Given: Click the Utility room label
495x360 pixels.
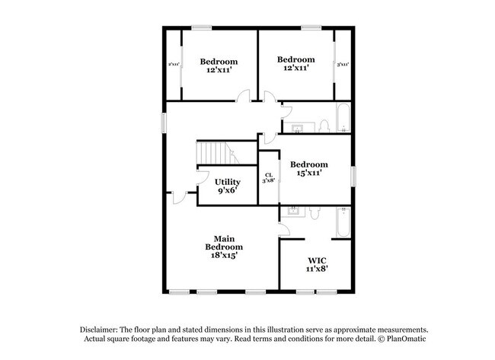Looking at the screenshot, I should (x=228, y=182).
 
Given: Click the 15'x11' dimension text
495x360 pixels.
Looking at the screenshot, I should (x=308, y=174).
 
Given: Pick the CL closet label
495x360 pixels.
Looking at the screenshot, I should (x=269, y=176).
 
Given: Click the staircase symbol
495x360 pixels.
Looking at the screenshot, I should (x=216, y=151).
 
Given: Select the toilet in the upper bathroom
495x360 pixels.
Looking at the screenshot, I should (x=323, y=125).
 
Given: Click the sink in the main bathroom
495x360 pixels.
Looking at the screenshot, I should (x=290, y=212).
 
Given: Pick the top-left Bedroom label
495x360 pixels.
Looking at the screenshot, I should (x=219, y=62).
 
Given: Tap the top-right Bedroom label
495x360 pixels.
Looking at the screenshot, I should (x=295, y=59).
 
